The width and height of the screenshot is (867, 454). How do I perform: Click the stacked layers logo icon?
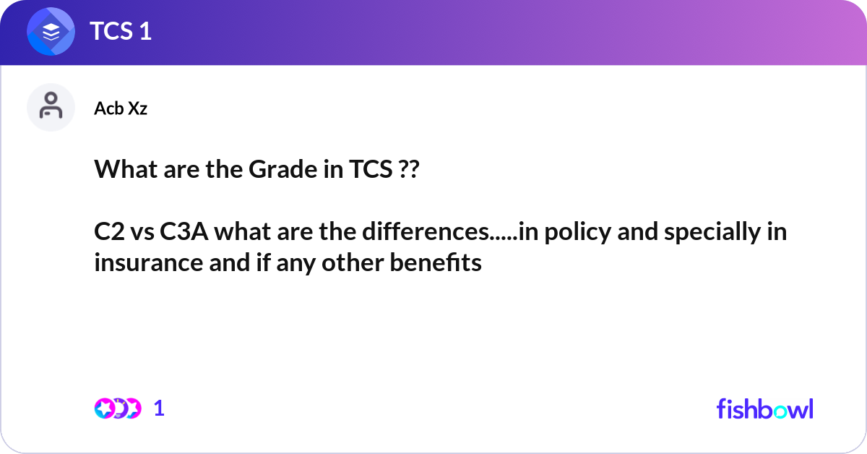(51, 31)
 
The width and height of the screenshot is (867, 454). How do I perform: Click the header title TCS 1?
(121, 31)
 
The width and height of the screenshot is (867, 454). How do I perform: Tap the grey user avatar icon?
(51, 107)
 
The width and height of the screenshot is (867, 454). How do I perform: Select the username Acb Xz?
(121, 108)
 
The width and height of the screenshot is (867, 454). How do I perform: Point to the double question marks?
(408, 169)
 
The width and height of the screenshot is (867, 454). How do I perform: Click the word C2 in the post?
(109, 231)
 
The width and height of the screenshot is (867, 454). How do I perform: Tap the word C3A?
(184, 231)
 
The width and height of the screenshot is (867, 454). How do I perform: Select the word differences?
(426, 231)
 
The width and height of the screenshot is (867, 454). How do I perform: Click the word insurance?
(149, 263)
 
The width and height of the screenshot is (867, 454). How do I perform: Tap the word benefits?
(436, 262)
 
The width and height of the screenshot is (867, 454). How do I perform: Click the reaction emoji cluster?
(118, 408)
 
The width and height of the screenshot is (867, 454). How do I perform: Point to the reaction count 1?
(159, 408)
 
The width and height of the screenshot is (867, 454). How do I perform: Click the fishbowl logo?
(765, 408)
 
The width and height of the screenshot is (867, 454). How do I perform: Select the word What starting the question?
(126, 169)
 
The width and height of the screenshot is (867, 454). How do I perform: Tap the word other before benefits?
(353, 262)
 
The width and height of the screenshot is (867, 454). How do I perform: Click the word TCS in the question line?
(371, 169)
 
